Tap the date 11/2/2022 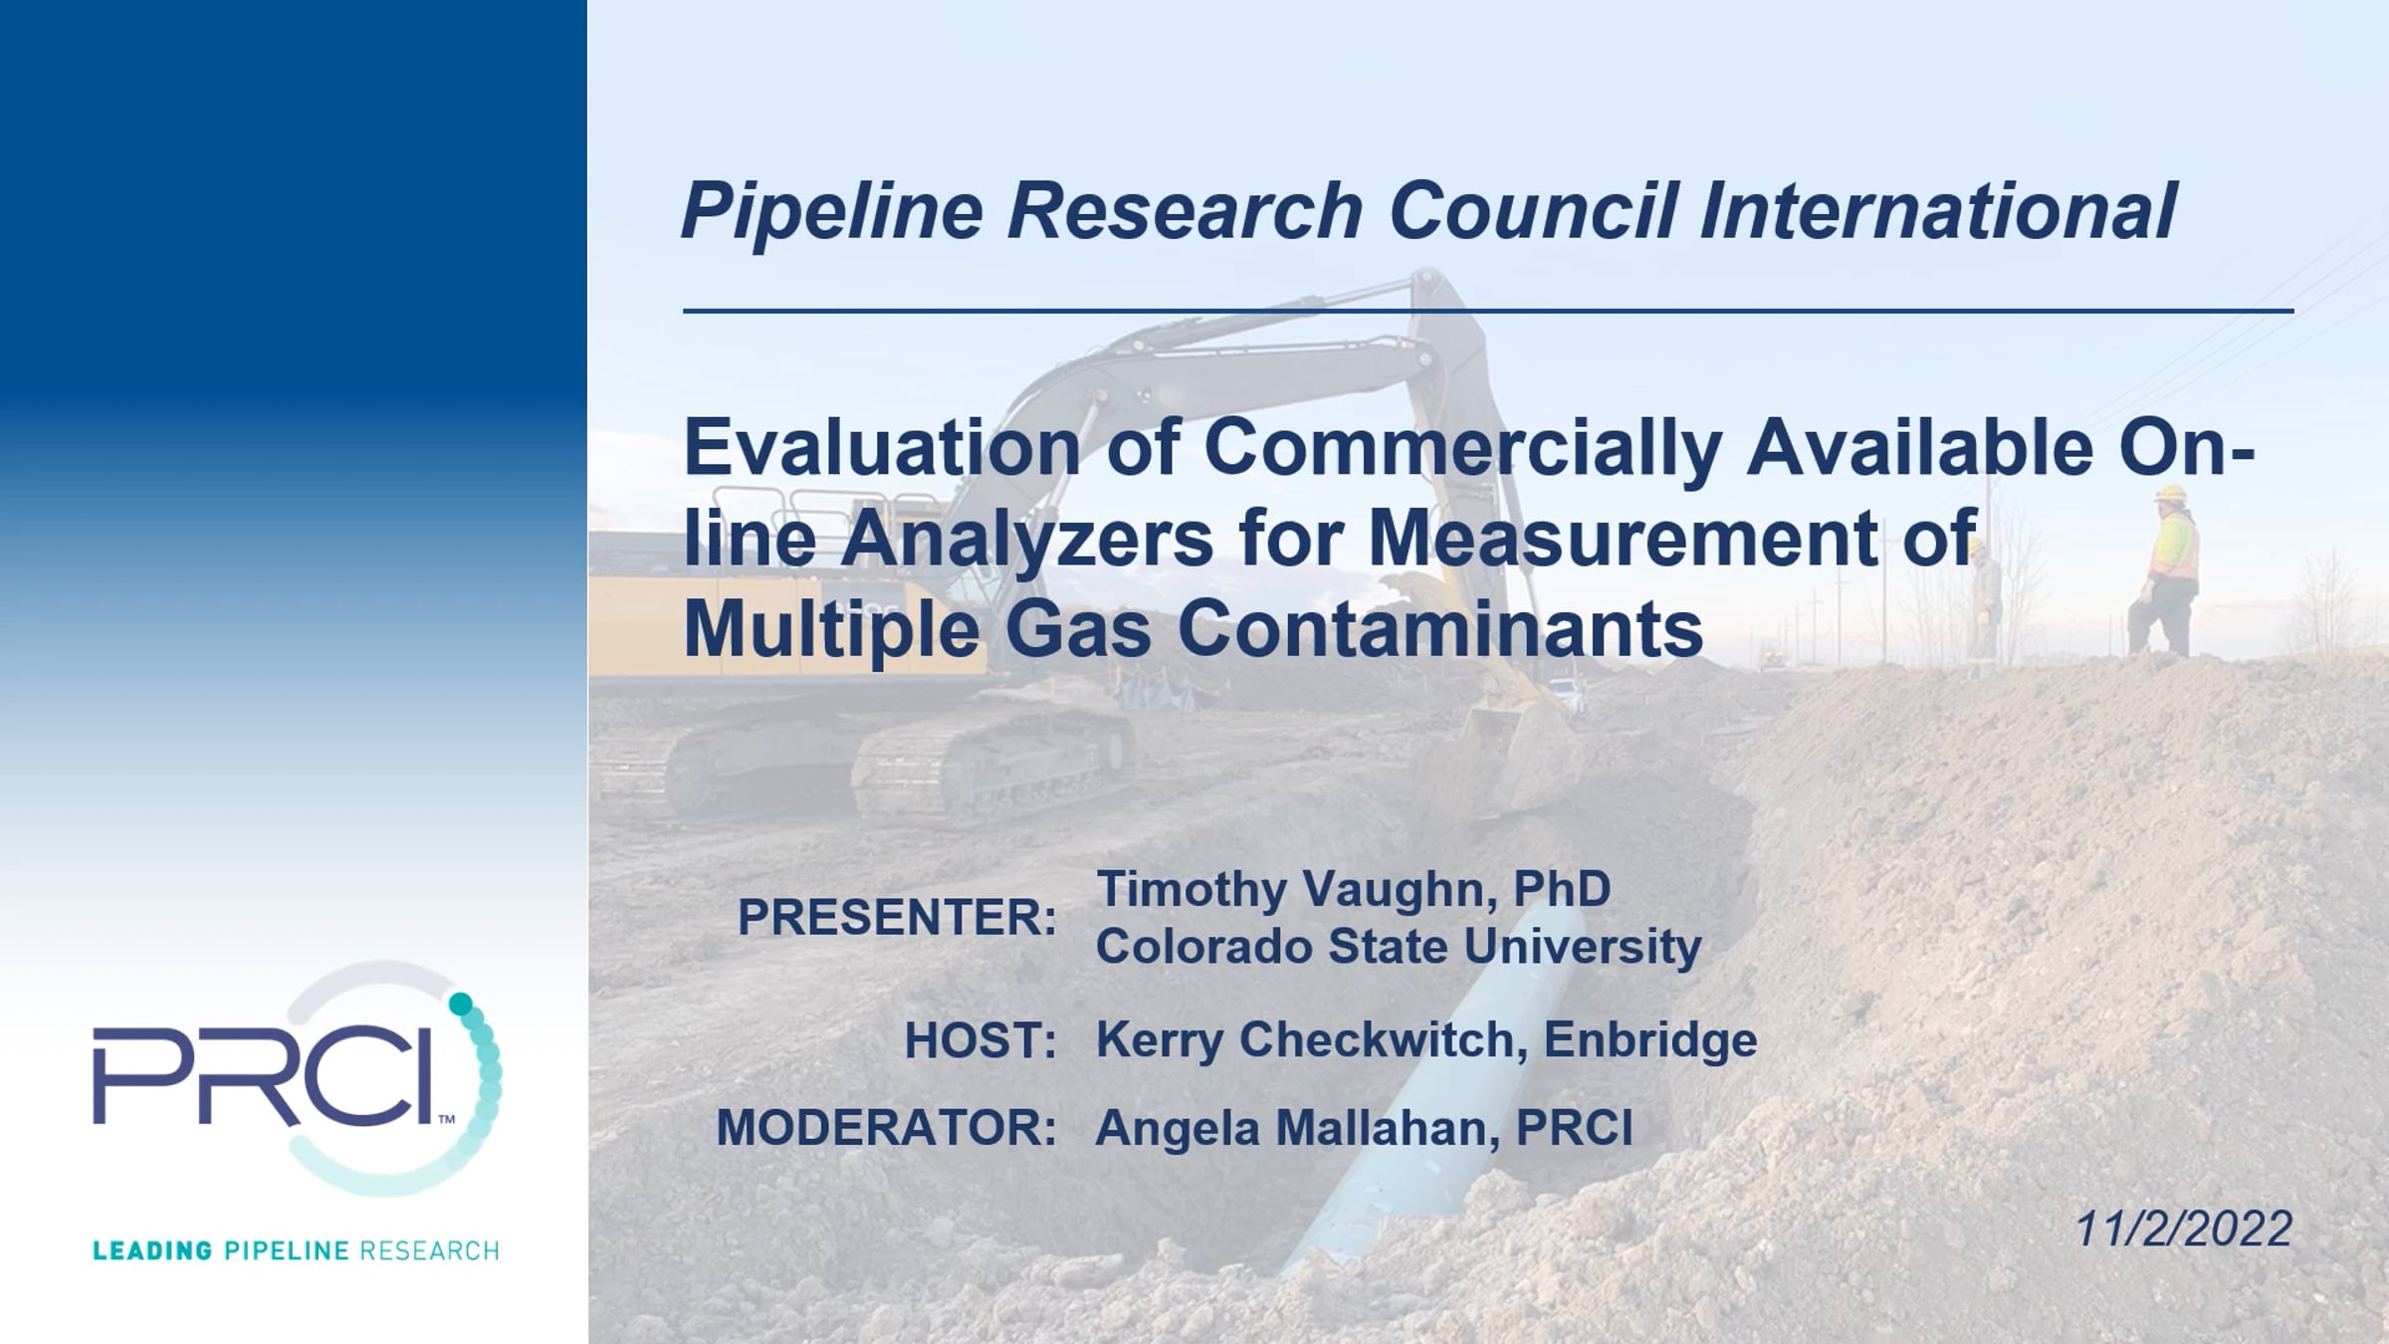pyautogui.click(x=2184, y=1230)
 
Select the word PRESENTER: pyautogui.click(x=897, y=917)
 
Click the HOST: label pyautogui.click(x=980, y=1040)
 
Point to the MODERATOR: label pyautogui.click(x=886, y=1128)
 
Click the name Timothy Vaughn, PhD pyautogui.click(x=1353, y=889)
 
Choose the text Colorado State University pyautogui.click(x=1399, y=946)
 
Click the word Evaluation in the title pyautogui.click(x=882, y=447)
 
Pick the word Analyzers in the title pyautogui.click(x=1026, y=538)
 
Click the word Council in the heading pyautogui.click(x=1533, y=210)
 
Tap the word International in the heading pyautogui.click(x=1938, y=210)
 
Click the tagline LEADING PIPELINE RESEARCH pyautogui.click(x=296, y=1250)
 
